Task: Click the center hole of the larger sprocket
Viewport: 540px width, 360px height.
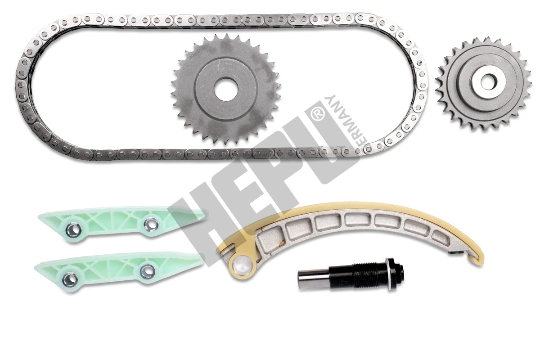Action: (x=225, y=89)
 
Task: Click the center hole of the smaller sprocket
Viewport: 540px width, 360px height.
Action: (x=487, y=82)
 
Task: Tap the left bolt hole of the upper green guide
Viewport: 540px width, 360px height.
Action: (x=72, y=230)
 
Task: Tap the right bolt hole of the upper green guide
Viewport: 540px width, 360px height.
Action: (x=151, y=224)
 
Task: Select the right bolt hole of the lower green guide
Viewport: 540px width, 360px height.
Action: (x=147, y=270)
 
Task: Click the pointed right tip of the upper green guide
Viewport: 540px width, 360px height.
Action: (x=205, y=214)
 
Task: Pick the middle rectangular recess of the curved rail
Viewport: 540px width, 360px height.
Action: (x=358, y=220)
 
